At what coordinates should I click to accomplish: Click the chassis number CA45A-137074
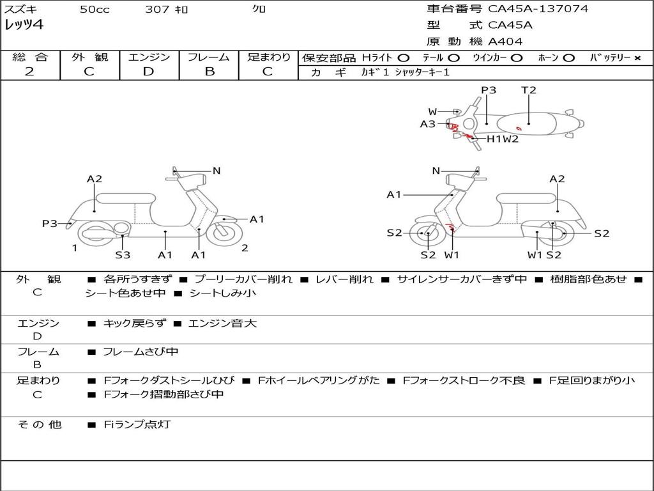pos(538,8)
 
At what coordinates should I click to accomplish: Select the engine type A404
pos(505,42)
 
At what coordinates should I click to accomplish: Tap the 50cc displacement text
pos(95,9)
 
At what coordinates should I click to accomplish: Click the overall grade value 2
pos(29,72)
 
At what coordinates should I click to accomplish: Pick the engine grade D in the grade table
pos(148,72)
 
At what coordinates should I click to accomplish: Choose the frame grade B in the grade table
pos(209,72)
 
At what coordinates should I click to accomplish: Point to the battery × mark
pos(637,58)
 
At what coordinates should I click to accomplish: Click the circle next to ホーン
pos(568,58)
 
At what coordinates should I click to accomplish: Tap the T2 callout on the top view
pos(528,90)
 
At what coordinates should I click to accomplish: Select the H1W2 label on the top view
pos(503,139)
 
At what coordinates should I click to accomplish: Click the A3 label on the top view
pos(427,124)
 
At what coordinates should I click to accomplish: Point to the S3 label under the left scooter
pos(123,254)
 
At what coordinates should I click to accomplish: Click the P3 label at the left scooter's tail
pos(50,224)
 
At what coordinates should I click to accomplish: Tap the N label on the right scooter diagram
pos(436,171)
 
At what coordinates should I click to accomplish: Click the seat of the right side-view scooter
pos(526,199)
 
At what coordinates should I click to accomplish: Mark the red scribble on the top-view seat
pos(519,128)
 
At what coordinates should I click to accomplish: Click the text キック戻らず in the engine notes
pos(134,323)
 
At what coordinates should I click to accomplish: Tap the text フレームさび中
pos(141,352)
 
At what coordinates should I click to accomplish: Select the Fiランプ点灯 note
pos(137,425)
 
